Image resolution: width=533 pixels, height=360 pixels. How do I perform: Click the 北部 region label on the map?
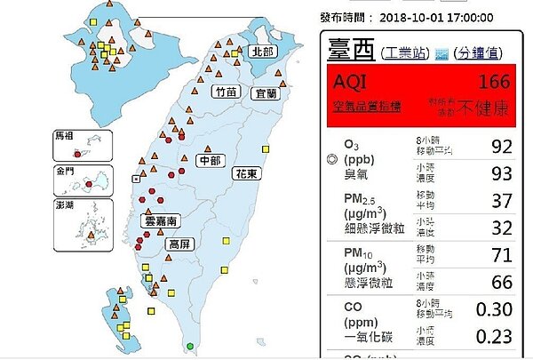[262, 52]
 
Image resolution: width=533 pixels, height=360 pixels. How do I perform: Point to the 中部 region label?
[211, 161]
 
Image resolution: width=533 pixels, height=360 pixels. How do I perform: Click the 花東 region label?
[246, 174]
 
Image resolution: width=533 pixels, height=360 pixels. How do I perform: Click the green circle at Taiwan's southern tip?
[188, 346]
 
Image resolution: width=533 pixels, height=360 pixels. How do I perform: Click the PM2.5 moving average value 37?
[499, 200]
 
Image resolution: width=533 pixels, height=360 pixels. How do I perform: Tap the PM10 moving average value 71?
[499, 258]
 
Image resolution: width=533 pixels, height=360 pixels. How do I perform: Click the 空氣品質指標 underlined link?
[366, 107]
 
